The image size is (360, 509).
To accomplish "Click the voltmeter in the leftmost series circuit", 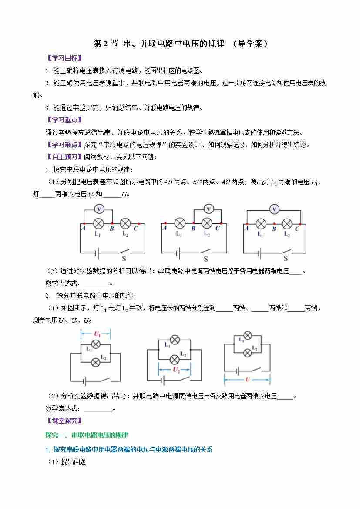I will pos(99,209).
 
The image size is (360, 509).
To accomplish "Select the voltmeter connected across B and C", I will pos(209,209).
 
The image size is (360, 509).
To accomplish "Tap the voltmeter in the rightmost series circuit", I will pos(274,209).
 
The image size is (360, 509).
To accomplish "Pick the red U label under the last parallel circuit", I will pos(247,379).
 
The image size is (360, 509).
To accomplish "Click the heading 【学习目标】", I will pos(64,58).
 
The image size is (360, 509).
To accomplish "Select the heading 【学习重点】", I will pos(64,120).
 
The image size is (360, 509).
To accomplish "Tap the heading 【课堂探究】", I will pos(64,421).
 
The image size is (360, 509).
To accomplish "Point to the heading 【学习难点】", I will pos(64,145).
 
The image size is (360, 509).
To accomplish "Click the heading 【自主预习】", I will pos(64,157).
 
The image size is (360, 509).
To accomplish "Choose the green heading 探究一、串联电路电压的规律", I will pos(87,435).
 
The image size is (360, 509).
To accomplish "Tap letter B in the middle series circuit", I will pos(193,228).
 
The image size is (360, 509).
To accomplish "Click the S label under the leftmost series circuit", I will pos(118,259).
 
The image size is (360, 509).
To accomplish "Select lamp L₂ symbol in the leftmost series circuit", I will pos(125,223).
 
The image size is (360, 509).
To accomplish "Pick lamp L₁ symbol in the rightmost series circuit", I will pos(261,224).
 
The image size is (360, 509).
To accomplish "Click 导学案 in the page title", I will pos(250,44).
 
